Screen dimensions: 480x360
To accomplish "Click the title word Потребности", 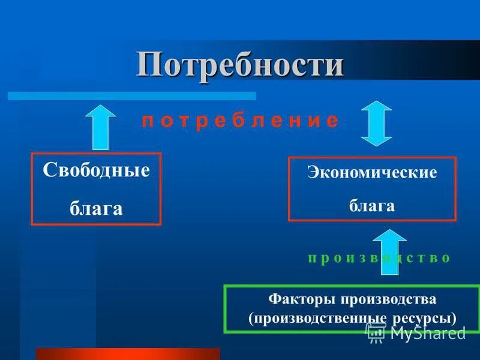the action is (240, 64).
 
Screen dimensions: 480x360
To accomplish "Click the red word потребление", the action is (240, 120).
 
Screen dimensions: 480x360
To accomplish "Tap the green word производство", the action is (379, 258).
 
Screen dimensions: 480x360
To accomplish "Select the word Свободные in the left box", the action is (96, 170).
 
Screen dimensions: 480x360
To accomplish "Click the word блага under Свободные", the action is (96, 208).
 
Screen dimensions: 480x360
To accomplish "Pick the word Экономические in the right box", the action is (372, 173).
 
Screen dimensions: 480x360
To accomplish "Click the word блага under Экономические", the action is (372, 205).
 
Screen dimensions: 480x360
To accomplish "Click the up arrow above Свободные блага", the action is (103, 127).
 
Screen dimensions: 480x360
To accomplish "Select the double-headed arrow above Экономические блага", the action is (377, 123).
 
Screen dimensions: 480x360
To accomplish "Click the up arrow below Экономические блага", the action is (389, 251).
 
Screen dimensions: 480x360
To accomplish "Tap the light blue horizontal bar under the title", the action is (132, 95).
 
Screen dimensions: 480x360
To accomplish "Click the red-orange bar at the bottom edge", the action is (128, 353).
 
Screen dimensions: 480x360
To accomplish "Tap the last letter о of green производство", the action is (445, 258).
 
